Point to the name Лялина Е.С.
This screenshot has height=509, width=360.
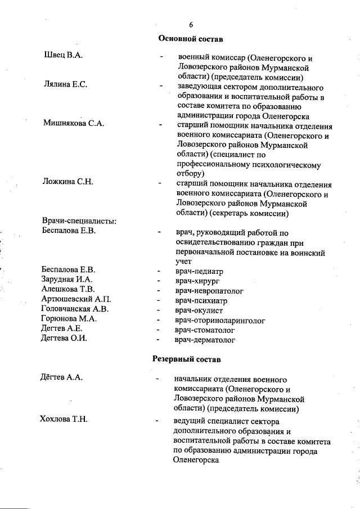click(65, 84)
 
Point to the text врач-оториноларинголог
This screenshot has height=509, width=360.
click(220, 319)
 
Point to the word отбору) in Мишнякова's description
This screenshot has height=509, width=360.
click(190, 173)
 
